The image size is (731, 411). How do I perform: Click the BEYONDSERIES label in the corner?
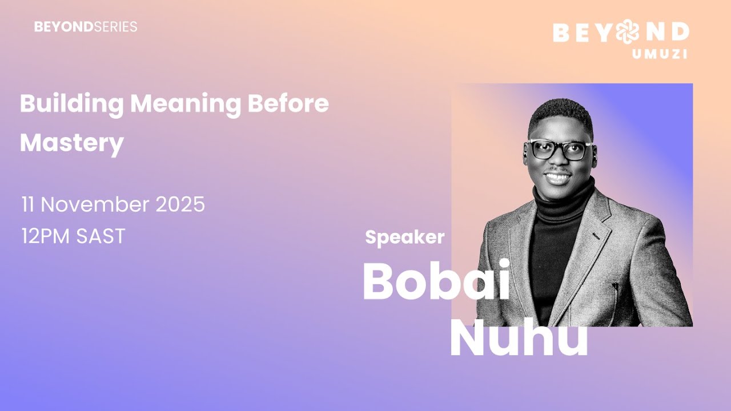click(x=86, y=27)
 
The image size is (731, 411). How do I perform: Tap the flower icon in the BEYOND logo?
click(x=627, y=32)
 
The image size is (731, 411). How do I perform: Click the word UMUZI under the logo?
click(x=659, y=54)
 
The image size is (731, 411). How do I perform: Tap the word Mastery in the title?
click(x=72, y=143)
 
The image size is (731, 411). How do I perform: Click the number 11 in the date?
click(x=29, y=204)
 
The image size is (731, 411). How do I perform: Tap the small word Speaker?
click(x=404, y=237)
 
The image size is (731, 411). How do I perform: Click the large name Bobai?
click(x=436, y=283)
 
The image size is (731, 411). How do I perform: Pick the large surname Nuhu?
click(x=519, y=340)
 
